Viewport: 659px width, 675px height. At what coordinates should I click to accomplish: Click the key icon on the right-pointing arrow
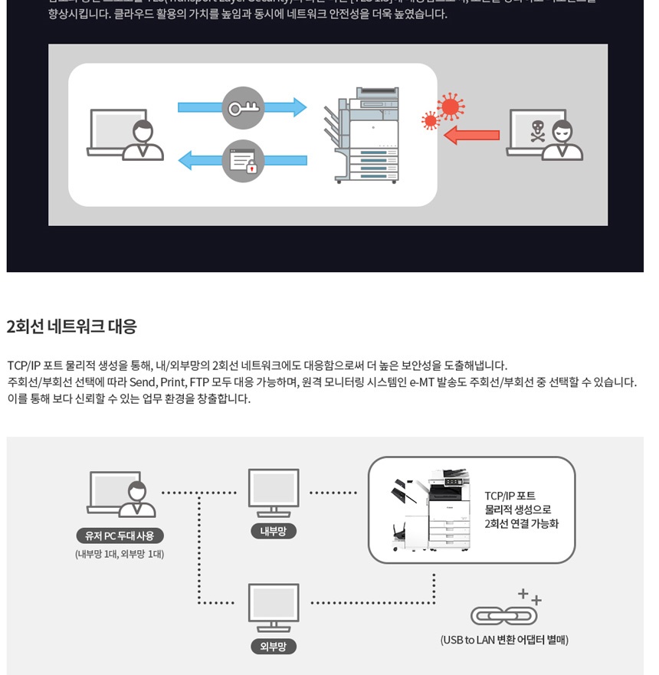(243, 108)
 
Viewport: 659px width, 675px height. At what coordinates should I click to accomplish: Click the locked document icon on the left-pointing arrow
(243, 161)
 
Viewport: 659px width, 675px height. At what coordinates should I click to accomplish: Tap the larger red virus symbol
(451, 106)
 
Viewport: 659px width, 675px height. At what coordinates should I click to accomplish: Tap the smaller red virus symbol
(431, 120)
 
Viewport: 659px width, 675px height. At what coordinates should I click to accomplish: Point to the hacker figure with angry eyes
(563, 141)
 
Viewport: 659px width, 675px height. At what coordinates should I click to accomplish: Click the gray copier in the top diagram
(365, 136)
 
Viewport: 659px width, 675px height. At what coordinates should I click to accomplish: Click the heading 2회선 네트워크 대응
(72, 326)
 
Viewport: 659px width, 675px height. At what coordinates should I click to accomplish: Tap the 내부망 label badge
(273, 531)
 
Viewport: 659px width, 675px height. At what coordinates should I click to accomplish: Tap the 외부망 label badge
(273, 646)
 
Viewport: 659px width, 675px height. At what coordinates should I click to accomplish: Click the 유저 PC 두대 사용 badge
(120, 536)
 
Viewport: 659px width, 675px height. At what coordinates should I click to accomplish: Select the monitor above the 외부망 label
(274, 608)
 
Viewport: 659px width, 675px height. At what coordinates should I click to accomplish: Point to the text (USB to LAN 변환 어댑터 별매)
(504, 640)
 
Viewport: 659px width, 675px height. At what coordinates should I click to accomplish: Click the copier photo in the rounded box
(431, 510)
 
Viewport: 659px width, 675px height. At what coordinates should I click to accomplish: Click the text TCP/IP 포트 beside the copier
(510, 496)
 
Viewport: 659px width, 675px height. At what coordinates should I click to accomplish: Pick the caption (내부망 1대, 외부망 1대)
(120, 554)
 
